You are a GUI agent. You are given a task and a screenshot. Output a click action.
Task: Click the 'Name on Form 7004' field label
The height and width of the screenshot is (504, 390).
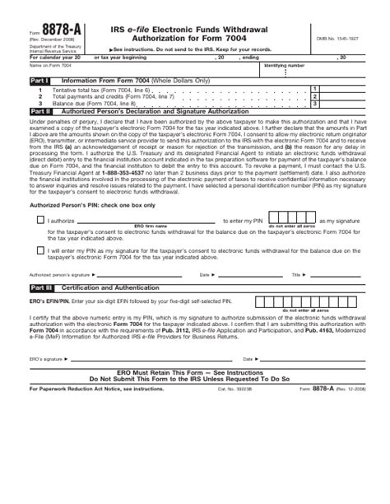(x=49, y=86)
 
